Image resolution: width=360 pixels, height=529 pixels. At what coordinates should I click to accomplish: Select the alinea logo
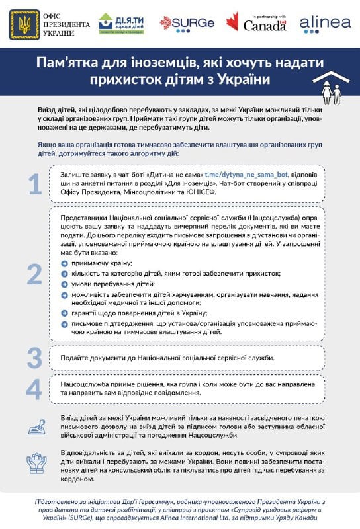[x=325, y=23]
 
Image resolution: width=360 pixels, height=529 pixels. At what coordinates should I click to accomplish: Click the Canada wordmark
[x=265, y=25]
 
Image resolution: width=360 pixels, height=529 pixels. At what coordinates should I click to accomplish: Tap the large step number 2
[x=34, y=272]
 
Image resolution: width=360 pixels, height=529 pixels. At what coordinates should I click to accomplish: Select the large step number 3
[x=34, y=357]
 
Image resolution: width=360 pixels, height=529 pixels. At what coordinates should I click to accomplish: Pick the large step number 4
[x=34, y=389]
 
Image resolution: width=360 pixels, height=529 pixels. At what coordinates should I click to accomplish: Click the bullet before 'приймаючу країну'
[x=64, y=263]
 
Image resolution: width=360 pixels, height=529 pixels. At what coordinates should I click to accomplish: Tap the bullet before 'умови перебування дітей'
[x=64, y=283]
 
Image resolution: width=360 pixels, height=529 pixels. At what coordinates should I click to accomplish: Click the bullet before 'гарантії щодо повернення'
[x=64, y=313]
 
